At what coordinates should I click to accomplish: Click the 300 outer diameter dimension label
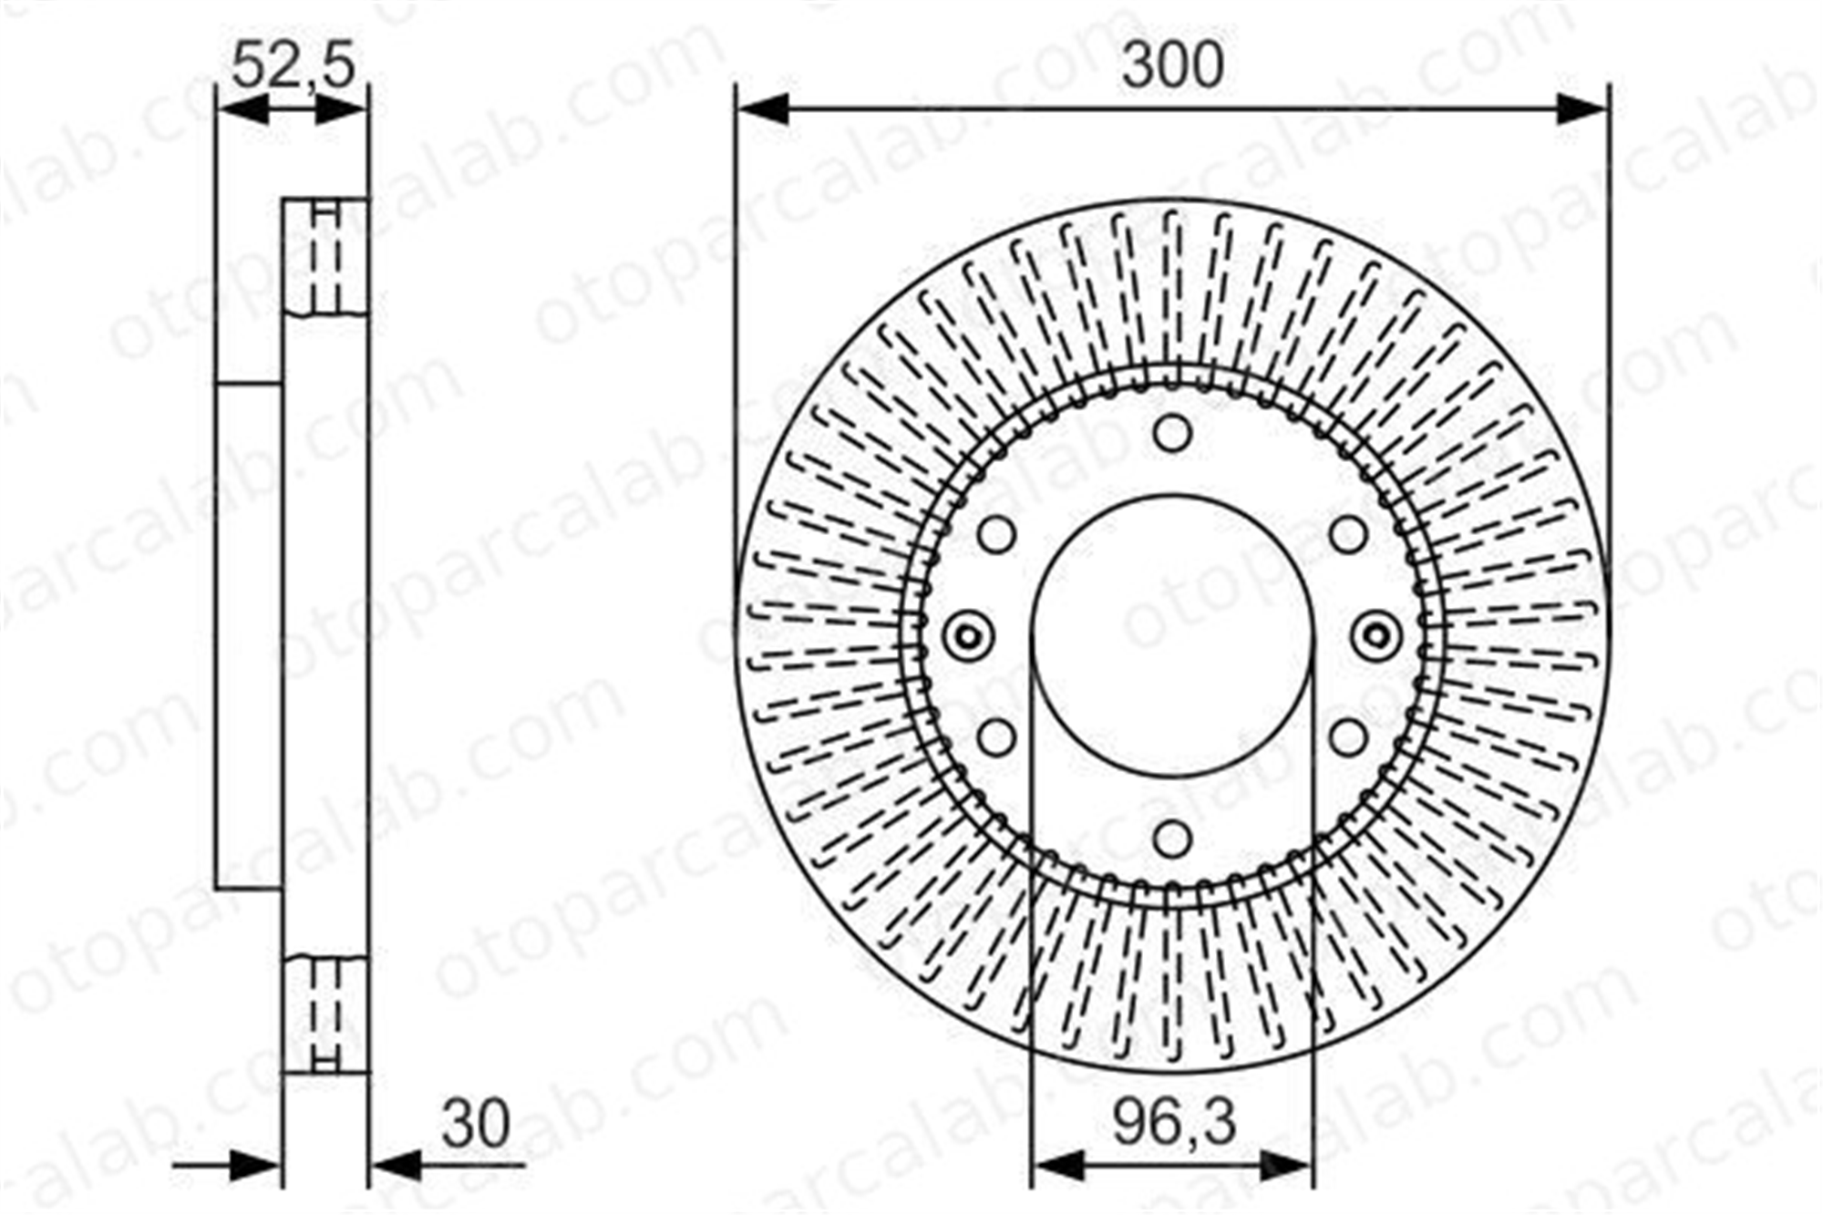(1172, 67)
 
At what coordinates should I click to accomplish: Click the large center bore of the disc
(1173, 637)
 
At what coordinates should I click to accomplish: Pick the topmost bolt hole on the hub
(1173, 433)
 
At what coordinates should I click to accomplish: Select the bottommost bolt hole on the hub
(1173, 838)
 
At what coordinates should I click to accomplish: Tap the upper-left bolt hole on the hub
(997, 535)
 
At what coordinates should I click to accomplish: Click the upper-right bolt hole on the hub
(1349, 535)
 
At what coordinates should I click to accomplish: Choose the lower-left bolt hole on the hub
(997, 737)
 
